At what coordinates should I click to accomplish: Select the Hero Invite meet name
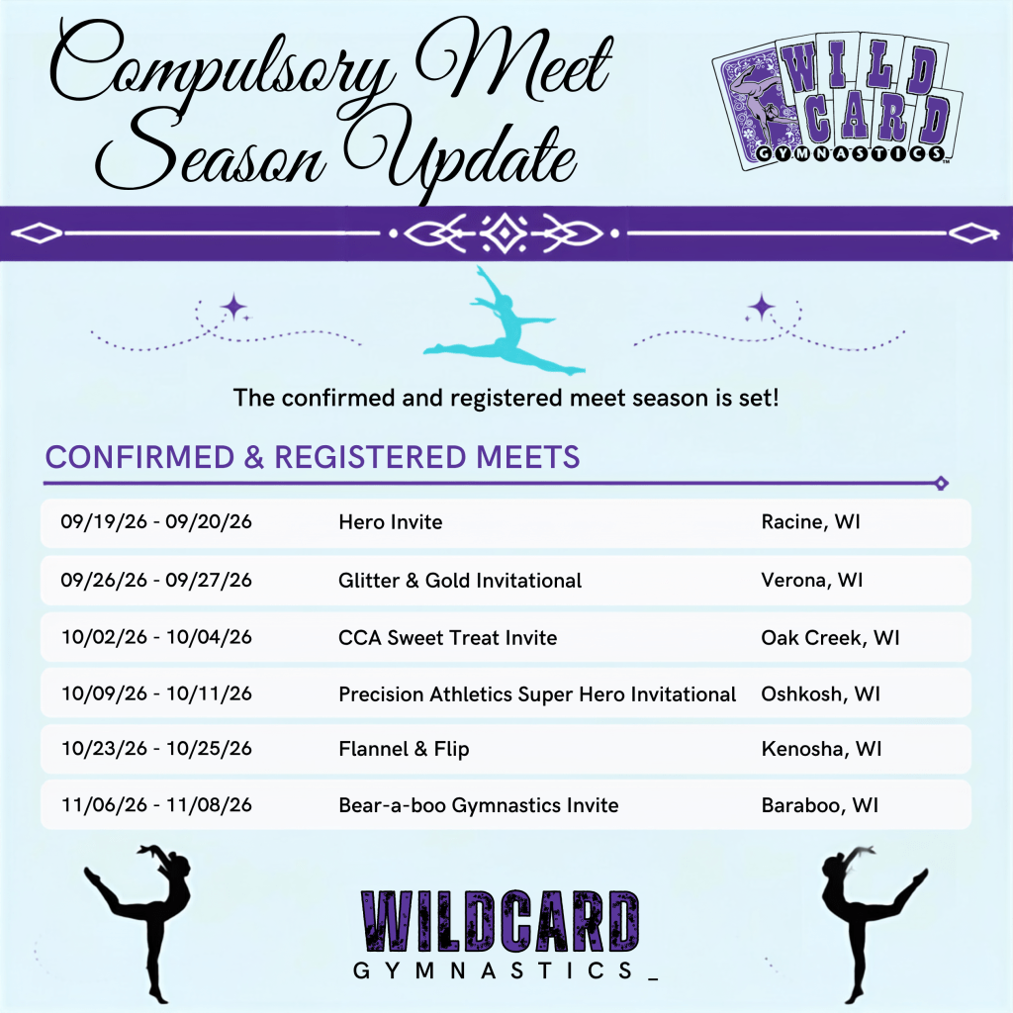[x=390, y=522]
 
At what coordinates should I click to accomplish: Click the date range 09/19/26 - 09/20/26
[x=156, y=521]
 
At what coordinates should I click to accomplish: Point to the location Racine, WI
[x=811, y=522]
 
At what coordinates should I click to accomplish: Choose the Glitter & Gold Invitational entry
[x=460, y=580]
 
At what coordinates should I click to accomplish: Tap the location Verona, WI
[x=812, y=580]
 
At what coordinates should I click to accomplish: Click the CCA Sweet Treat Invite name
[x=448, y=638]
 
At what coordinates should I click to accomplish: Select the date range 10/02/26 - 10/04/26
[x=157, y=637]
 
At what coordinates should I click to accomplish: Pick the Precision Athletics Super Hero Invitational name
[x=537, y=693]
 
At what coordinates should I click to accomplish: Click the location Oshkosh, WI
[x=820, y=693]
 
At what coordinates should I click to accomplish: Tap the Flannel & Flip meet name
[x=404, y=749]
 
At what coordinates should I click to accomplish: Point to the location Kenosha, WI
[x=822, y=749]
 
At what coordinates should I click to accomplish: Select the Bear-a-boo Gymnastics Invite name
[x=479, y=805]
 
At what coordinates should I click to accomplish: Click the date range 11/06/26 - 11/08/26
[x=157, y=805]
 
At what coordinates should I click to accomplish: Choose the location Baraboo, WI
[x=820, y=805]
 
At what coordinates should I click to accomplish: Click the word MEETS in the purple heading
[x=528, y=457]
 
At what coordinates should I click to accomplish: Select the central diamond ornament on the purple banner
[x=505, y=232]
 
